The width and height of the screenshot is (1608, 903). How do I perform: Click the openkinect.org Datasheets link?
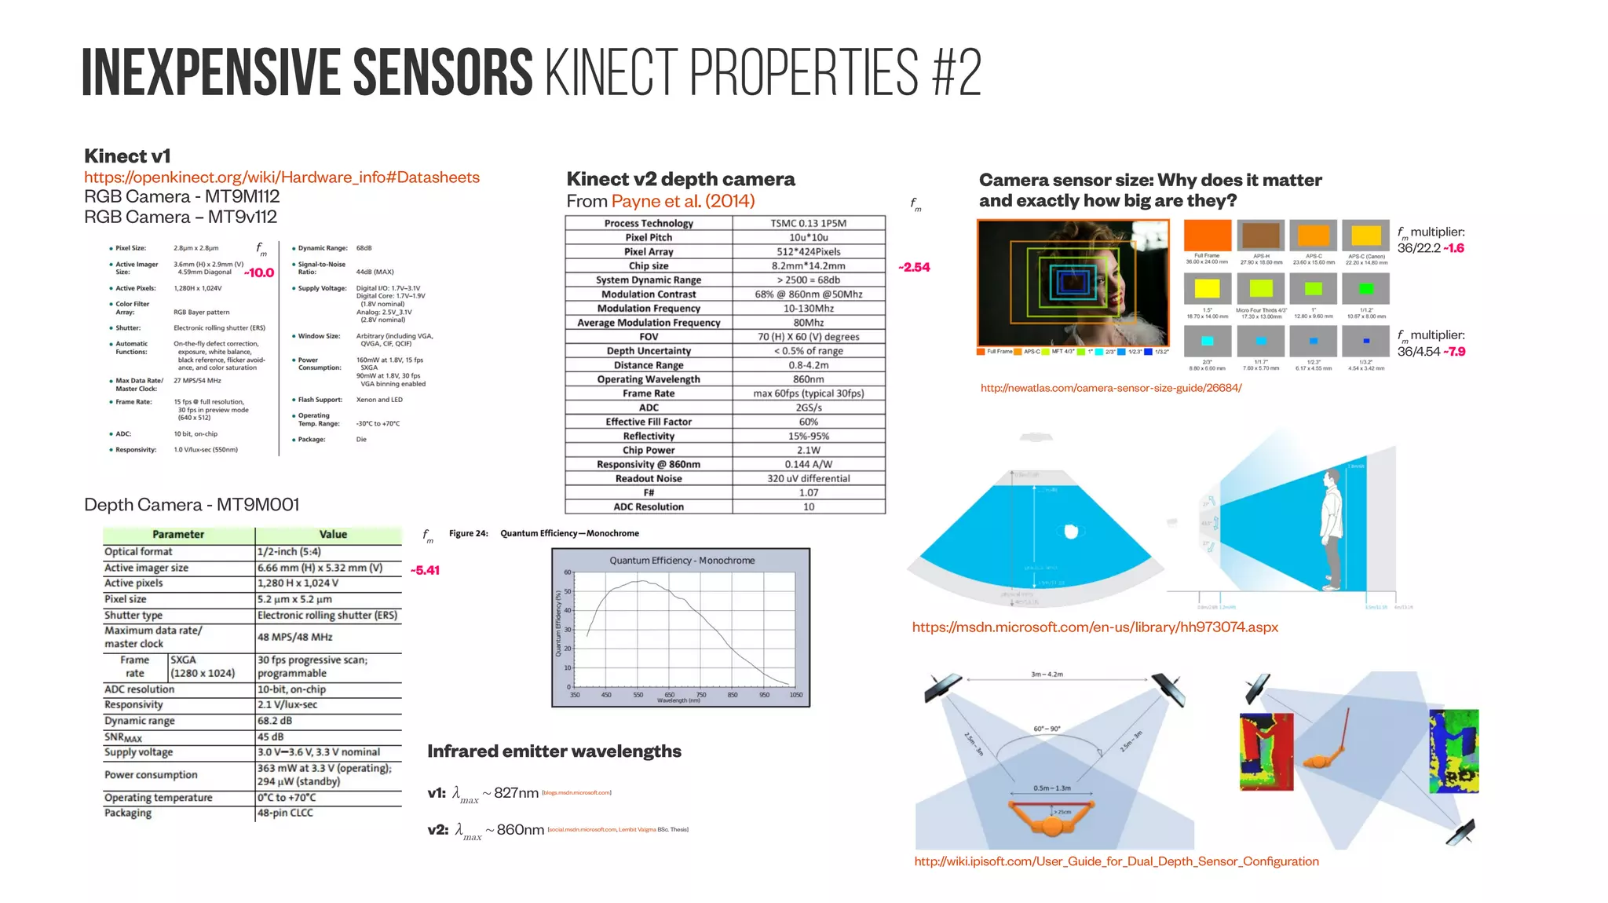coord(282,177)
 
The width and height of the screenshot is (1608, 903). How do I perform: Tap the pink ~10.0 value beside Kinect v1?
coord(259,272)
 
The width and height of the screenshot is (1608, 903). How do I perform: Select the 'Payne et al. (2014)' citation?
coord(683,201)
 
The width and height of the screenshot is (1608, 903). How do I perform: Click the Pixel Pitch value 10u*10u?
coord(808,237)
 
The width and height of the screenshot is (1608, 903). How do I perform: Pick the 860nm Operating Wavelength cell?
coord(808,379)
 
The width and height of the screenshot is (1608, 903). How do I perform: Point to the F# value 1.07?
coord(808,492)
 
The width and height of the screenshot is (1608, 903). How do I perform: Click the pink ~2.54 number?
coord(915,267)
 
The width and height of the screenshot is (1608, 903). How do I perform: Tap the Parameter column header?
coord(178,534)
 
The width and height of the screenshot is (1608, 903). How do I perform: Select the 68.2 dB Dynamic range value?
coord(275,721)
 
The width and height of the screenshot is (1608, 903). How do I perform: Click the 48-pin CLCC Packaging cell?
coord(285,813)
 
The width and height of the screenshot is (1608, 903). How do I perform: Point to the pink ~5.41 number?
coord(426,570)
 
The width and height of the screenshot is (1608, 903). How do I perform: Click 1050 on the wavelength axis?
coord(796,695)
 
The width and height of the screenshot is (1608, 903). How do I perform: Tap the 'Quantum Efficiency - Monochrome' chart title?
coord(682,561)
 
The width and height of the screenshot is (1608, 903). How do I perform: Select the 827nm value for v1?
coord(516,793)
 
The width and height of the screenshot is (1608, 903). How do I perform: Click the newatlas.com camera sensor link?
coord(1111,388)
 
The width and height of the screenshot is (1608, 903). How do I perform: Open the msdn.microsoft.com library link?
coord(1095,627)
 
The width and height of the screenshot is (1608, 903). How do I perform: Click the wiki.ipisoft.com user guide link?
coord(1116,861)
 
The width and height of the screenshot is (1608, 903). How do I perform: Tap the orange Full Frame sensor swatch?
coord(1207,236)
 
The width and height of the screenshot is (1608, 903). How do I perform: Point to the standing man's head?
coord(1329,480)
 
